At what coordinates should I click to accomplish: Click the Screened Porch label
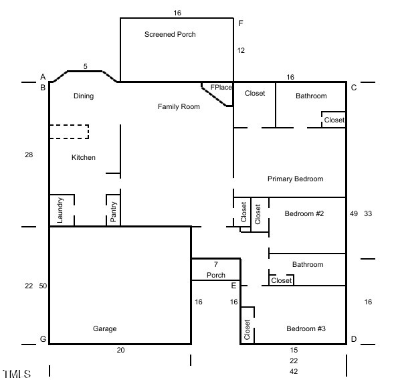point(170,34)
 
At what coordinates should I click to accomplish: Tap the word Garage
point(105,328)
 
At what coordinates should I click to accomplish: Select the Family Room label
point(179,106)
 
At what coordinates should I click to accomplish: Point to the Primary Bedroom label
point(296,179)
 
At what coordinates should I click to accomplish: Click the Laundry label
point(60,210)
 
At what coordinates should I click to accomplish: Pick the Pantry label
point(113,211)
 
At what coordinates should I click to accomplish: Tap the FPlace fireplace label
point(221,87)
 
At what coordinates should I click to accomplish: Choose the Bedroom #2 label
point(304,213)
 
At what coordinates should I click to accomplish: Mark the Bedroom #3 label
point(306,328)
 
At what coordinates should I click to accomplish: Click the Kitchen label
point(84,158)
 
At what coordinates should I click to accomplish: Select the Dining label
point(84,96)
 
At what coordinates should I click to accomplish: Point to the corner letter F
point(241,23)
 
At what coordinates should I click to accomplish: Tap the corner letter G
point(43,339)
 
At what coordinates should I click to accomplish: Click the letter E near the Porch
point(233,286)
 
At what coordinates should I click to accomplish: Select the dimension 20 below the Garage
point(120,350)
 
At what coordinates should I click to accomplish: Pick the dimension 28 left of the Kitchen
point(29,155)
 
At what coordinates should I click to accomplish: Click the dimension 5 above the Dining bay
point(86,67)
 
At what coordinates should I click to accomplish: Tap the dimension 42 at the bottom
point(294,371)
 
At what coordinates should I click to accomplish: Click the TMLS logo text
point(17,374)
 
